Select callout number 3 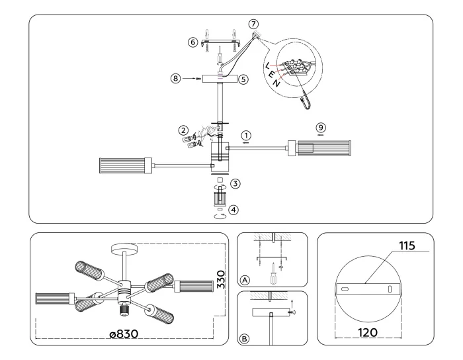[x=235, y=182]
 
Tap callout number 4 [x=235, y=210]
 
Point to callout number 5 [x=244, y=79]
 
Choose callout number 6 [x=193, y=42]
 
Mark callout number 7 [x=253, y=24]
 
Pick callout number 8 [x=175, y=78]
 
